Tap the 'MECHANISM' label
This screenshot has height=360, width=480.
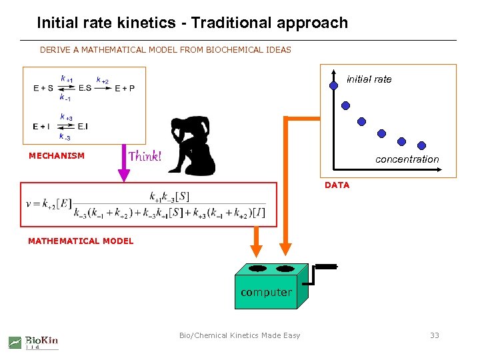pos(57,156)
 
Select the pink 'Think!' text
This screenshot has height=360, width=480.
pos(145,157)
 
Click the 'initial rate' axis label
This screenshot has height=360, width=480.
pos(369,79)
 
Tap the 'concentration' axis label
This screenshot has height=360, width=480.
pos(407,159)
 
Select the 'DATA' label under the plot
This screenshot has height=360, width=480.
pos(337,185)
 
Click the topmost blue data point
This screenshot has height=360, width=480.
pos(333,85)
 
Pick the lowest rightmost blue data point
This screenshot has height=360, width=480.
pos(422,145)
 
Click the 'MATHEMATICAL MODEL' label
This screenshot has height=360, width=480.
pos(81,241)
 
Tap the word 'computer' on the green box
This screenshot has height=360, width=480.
pos(266,292)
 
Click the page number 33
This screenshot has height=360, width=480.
pos(435,335)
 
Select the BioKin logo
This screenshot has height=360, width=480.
pos(34,341)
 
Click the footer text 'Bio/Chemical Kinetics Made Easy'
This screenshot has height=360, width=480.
pos(239,335)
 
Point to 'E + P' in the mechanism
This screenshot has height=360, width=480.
pos(125,88)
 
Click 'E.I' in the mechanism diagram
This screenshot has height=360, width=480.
pos(83,126)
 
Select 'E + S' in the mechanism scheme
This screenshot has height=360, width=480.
pos(43,88)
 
